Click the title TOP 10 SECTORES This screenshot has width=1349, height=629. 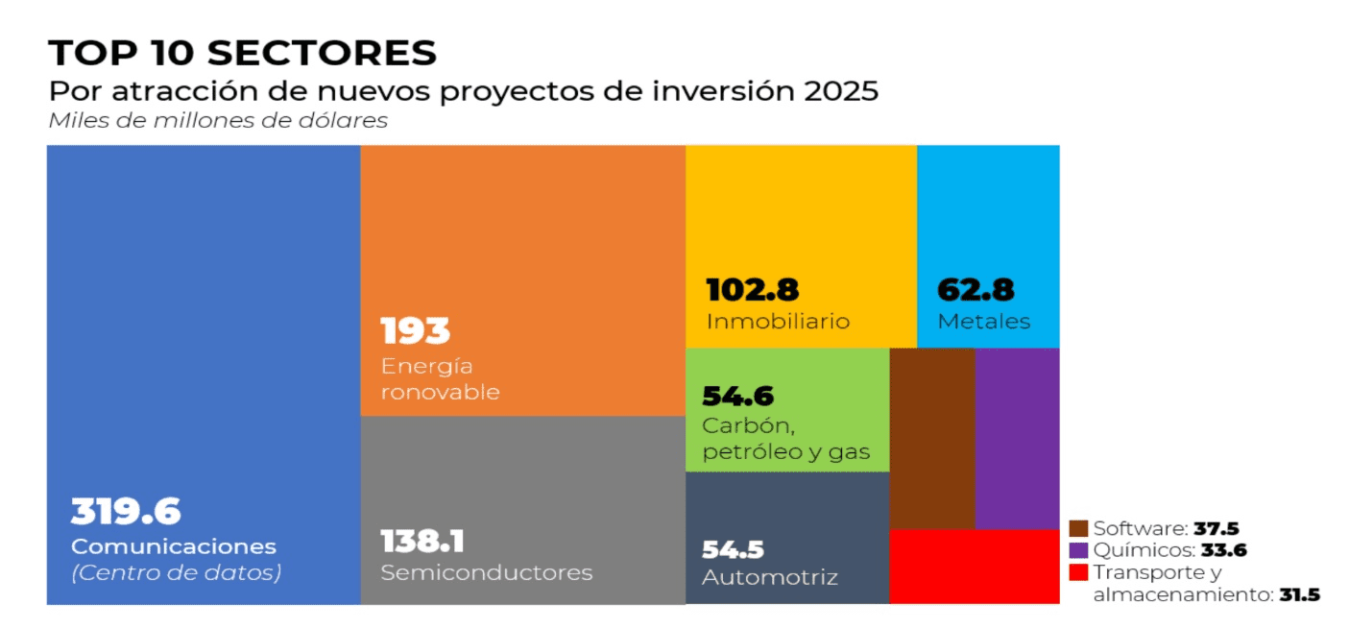242,53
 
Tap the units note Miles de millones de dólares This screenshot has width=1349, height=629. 218,121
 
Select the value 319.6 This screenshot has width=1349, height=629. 126,512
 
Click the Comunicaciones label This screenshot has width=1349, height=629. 174,546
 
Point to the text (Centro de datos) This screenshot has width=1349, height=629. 177,573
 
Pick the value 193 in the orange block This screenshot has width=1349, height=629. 416,331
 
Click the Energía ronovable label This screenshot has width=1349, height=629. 441,379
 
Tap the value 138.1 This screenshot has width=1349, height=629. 422,542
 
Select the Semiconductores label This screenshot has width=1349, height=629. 487,572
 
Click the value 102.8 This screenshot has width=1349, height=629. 753,290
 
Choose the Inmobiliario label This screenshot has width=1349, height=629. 778,321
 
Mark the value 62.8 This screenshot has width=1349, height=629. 976,290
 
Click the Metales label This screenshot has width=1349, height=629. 984,321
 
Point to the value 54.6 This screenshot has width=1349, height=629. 737,396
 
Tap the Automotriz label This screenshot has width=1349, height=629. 770,577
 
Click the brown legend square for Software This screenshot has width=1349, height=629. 1079,528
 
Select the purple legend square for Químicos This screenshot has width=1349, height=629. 1079,550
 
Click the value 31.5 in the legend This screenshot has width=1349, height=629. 1299,595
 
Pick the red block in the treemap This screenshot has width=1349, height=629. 974,567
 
